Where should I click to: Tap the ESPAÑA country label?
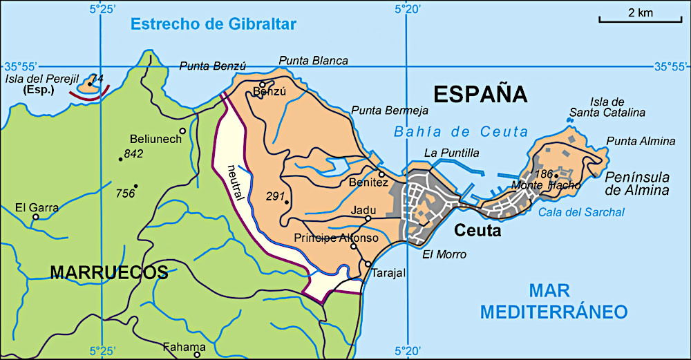pyautogui.click(x=480, y=93)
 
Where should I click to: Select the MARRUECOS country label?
pyautogui.click(x=109, y=272)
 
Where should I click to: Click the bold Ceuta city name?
pyautogui.click(x=477, y=231)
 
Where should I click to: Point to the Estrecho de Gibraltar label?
pyautogui.click(x=214, y=25)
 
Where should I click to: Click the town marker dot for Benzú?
pyautogui.click(x=263, y=84)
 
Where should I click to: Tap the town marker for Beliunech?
pyautogui.click(x=182, y=131)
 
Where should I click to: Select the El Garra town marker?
pyautogui.click(x=36, y=217)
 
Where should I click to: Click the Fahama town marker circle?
pyautogui.click(x=197, y=354)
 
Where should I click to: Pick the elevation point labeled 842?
pyautogui.click(x=120, y=159)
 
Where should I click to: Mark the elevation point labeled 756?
pyautogui.click(x=136, y=186)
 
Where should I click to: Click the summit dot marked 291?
pyautogui.click(x=286, y=202)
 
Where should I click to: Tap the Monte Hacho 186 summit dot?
pyautogui.click(x=556, y=176)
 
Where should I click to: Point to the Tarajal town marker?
pyautogui.click(x=368, y=263)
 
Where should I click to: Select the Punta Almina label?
pyautogui.click(x=641, y=141)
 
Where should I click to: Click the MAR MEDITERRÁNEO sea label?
pyautogui.click(x=553, y=301)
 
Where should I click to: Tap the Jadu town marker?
pyautogui.click(x=368, y=218)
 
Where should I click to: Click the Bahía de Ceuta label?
pyautogui.click(x=460, y=132)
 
